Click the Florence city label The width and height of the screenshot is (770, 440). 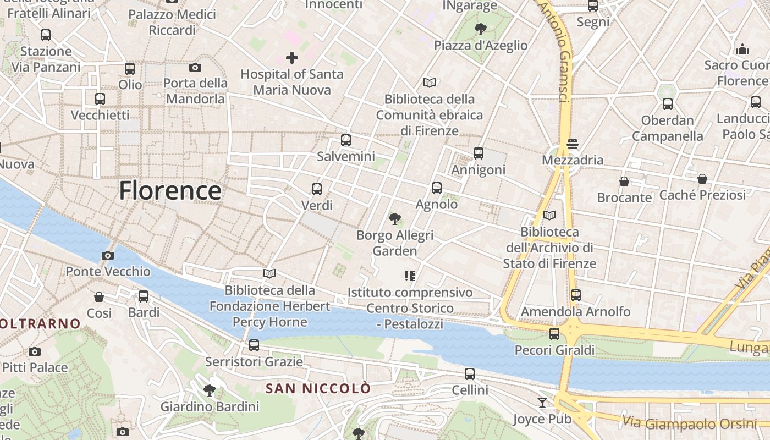[170, 191]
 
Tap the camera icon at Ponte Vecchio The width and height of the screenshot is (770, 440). [108, 255]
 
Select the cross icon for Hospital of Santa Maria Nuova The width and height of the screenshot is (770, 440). [292, 57]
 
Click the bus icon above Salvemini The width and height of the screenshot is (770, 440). [345, 140]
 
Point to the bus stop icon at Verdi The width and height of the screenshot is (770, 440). [317, 189]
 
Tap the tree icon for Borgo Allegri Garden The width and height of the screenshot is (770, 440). [394, 219]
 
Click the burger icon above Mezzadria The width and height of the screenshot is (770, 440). [573, 144]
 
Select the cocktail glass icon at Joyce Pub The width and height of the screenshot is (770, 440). [542, 403]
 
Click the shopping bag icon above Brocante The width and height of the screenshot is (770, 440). [624, 182]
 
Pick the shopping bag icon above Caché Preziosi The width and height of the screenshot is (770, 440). [702, 179]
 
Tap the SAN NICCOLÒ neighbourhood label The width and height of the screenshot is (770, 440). [318, 388]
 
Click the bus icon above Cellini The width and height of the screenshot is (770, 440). [470, 374]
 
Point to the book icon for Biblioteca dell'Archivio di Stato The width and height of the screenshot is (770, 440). [549, 215]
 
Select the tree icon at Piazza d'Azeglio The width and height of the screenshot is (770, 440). [481, 29]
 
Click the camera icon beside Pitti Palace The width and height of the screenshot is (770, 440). [35, 351]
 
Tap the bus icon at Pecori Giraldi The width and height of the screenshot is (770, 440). [554, 334]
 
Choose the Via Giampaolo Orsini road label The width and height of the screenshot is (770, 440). [690, 424]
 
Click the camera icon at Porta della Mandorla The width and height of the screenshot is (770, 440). [195, 67]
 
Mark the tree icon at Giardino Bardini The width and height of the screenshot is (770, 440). [209, 391]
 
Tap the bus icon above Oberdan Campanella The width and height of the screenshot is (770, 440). [668, 104]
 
